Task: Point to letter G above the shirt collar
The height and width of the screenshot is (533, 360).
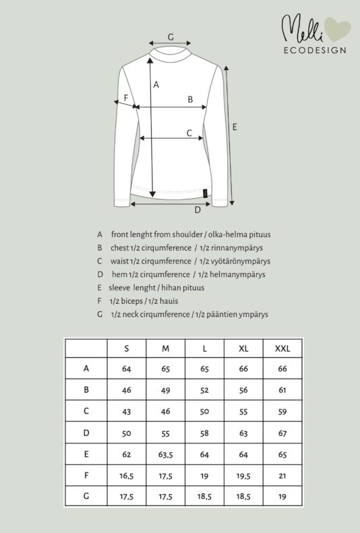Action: (171, 36)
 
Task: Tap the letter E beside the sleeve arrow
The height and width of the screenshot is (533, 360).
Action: (235, 127)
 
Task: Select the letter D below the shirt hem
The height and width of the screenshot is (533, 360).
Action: (198, 210)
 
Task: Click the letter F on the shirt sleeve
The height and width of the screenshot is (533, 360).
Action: (125, 98)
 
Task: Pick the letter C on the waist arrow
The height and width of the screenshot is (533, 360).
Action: (189, 133)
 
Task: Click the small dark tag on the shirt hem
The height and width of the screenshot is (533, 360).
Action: (205, 193)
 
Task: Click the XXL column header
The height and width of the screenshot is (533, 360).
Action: (282, 348)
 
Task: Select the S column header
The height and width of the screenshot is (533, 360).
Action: (127, 348)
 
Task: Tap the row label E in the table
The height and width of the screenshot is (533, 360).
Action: (86, 455)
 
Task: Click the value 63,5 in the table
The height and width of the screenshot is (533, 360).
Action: (167, 455)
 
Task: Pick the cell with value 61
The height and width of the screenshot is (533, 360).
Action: (282, 390)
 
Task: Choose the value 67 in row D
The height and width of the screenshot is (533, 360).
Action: (282, 433)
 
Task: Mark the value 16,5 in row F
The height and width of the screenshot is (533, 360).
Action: (127, 476)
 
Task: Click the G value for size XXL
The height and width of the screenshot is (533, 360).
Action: (282, 497)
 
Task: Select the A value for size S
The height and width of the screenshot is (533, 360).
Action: (127, 369)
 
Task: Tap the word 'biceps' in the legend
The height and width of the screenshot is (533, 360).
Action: (132, 301)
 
